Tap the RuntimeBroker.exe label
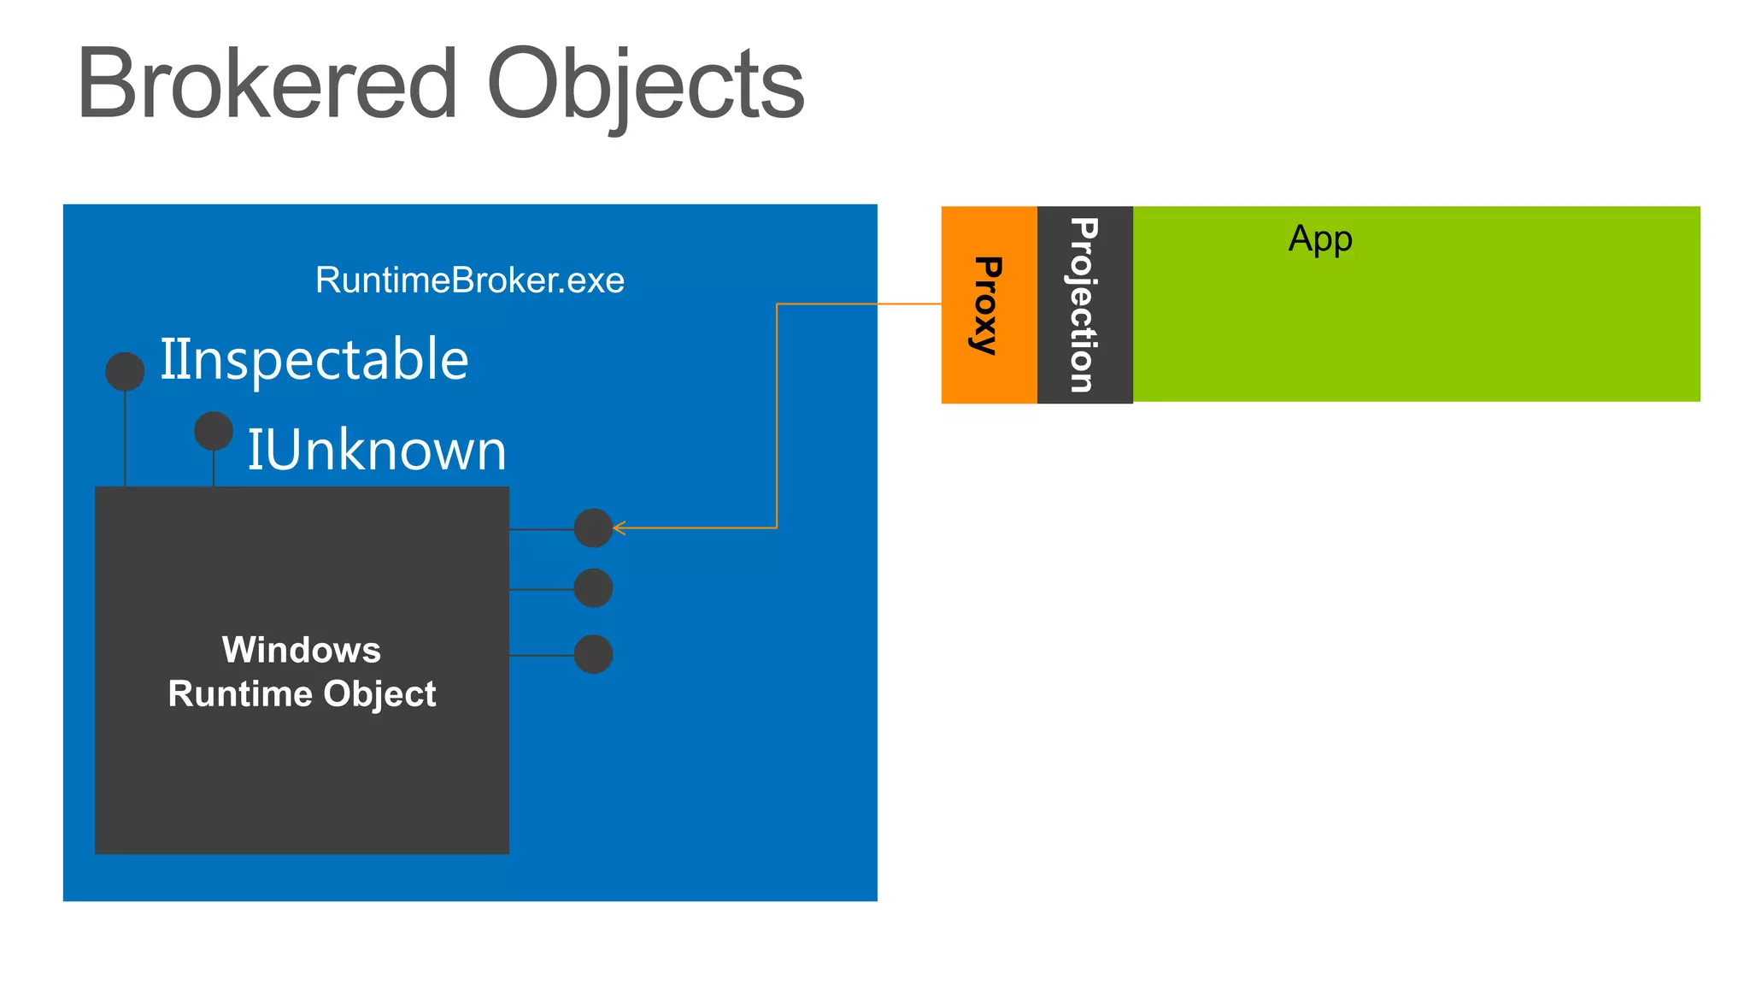470,280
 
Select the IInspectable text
314,359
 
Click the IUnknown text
377,450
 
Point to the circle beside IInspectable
125,371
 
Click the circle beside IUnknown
214,431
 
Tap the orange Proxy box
989,304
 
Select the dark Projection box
1084,304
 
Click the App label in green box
1320,239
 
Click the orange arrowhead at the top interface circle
619,528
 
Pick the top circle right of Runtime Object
593,528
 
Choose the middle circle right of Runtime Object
593,588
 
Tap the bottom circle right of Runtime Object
593,654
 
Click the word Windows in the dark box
302,650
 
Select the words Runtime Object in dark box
302,693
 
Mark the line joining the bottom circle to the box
542,656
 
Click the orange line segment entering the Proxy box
909,304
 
